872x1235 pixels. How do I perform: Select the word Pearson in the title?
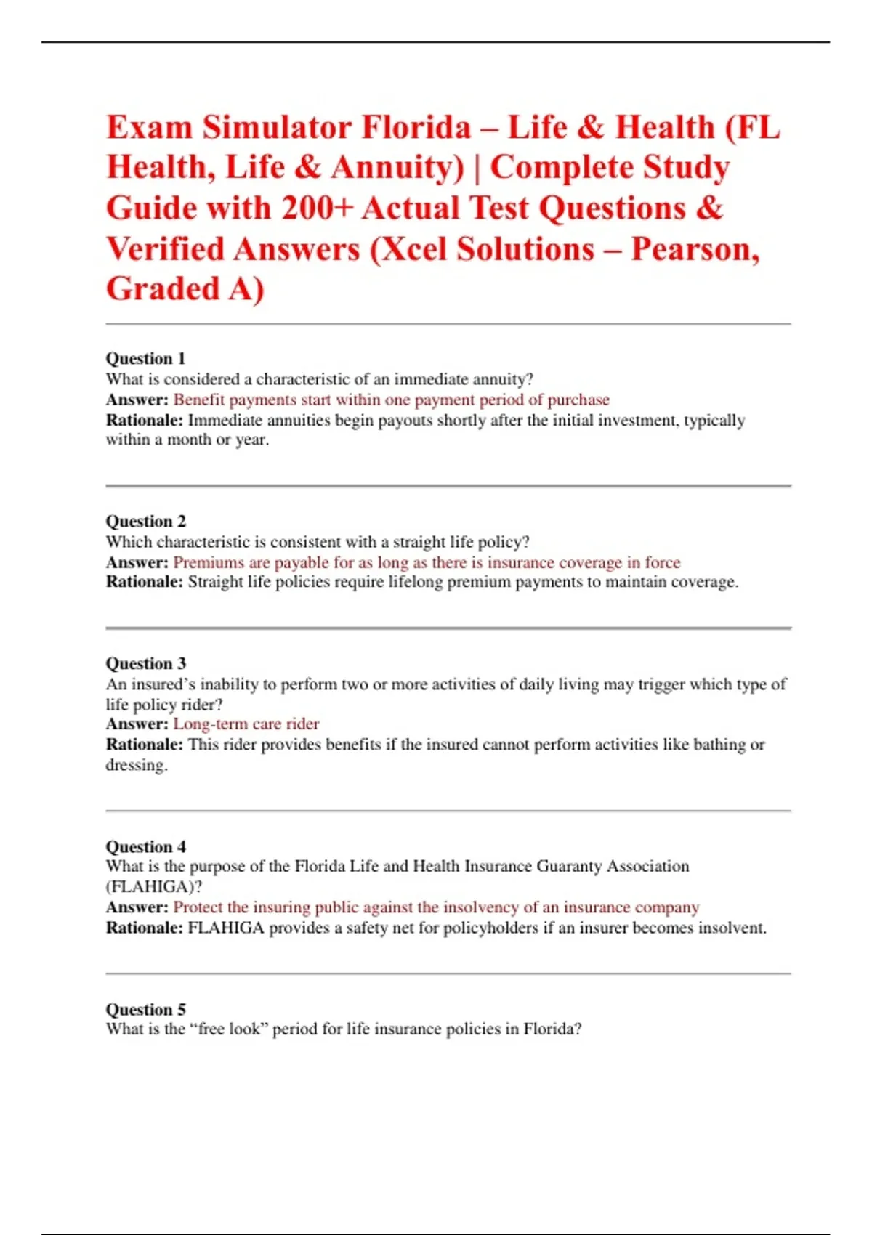click(x=694, y=249)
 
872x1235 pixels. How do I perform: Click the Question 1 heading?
click(x=145, y=358)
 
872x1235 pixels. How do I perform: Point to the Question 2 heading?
click(x=145, y=521)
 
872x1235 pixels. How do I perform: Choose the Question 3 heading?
click(x=145, y=663)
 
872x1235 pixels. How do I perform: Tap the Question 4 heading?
click(x=145, y=846)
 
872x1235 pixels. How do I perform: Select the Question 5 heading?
click(x=145, y=1009)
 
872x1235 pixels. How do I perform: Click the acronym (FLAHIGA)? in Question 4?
click(x=153, y=886)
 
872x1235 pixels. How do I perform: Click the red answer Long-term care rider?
click(x=246, y=724)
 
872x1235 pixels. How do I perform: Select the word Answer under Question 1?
click(x=137, y=400)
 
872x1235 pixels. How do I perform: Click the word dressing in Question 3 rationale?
click(x=136, y=765)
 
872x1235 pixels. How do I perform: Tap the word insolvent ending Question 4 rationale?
click(x=731, y=928)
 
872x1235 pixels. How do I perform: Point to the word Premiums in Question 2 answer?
click(x=209, y=562)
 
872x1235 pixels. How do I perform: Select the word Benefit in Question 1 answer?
click(x=198, y=400)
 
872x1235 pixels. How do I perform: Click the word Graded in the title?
click(x=163, y=289)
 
